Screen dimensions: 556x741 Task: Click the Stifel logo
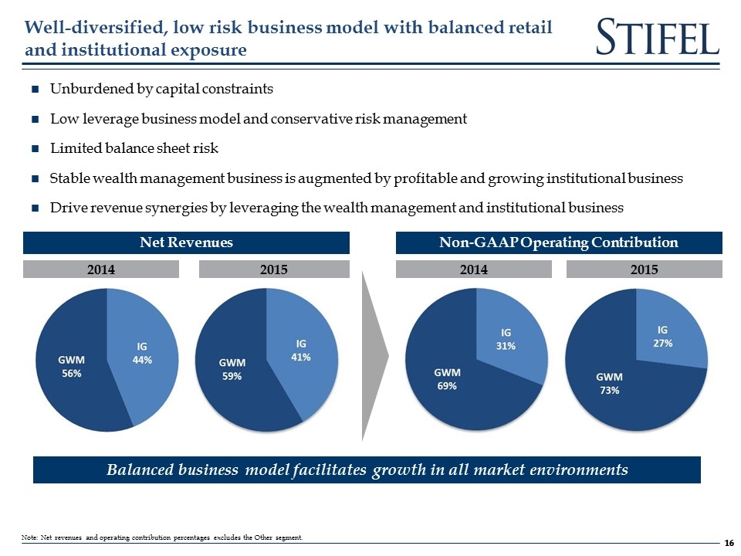click(x=658, y=37)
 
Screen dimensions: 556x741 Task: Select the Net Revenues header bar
click(x=186, y=242)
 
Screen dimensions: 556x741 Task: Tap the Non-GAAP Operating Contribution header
click(x=559, y=242)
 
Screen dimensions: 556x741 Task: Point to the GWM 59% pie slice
click(x=232, y=371)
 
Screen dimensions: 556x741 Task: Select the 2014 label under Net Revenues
click(x=100, y=270)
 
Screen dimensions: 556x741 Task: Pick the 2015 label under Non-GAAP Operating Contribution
click(x=644, y=270)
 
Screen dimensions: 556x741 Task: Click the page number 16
click(x=729, y=543)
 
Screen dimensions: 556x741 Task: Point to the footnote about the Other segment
click(x=163, y=537)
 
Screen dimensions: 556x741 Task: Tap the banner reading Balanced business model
click(x=367, y=470)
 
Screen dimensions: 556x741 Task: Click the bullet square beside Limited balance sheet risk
click(x=36, y=149)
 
